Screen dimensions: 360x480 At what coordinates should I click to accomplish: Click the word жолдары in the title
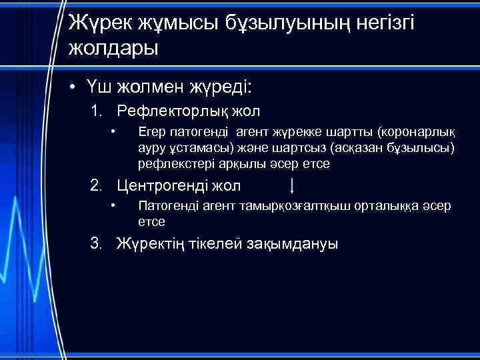click(113, 49)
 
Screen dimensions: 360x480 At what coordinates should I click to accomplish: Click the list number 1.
click(97, 111)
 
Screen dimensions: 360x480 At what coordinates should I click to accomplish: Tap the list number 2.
click(97, 186)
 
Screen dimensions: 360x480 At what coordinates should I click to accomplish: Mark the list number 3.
click(97, 244)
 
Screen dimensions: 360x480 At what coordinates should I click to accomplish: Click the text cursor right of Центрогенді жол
click(293, 185)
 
